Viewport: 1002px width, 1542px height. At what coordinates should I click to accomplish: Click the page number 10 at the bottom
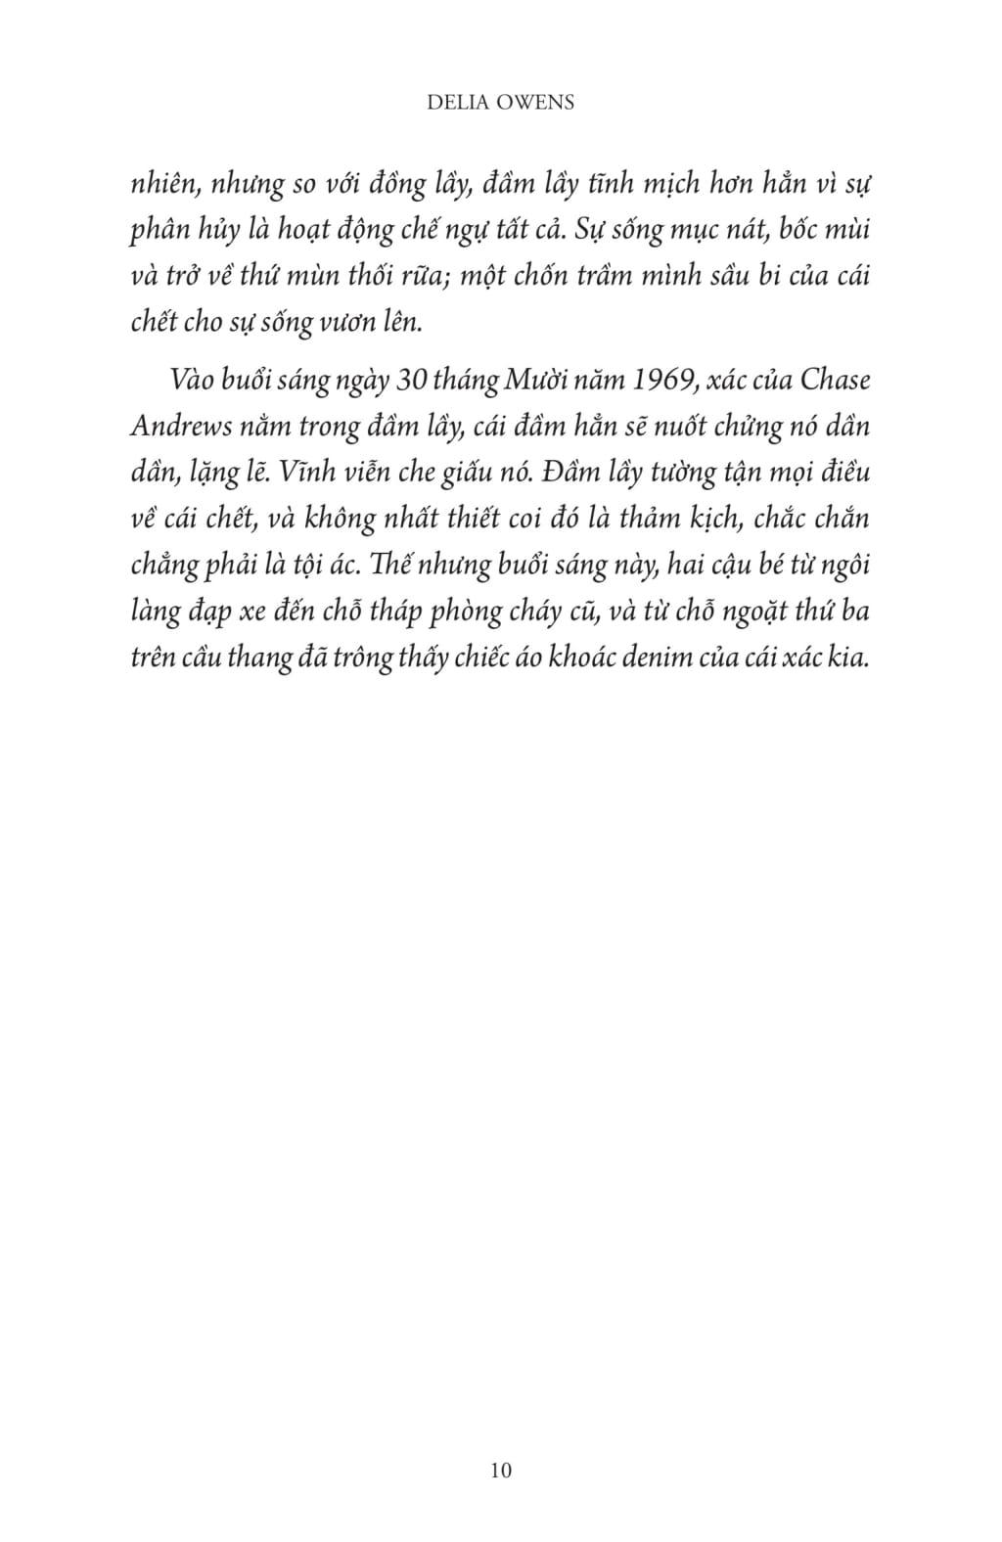click(500, 1469)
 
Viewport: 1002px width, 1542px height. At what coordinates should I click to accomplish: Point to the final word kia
click(851, 658)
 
